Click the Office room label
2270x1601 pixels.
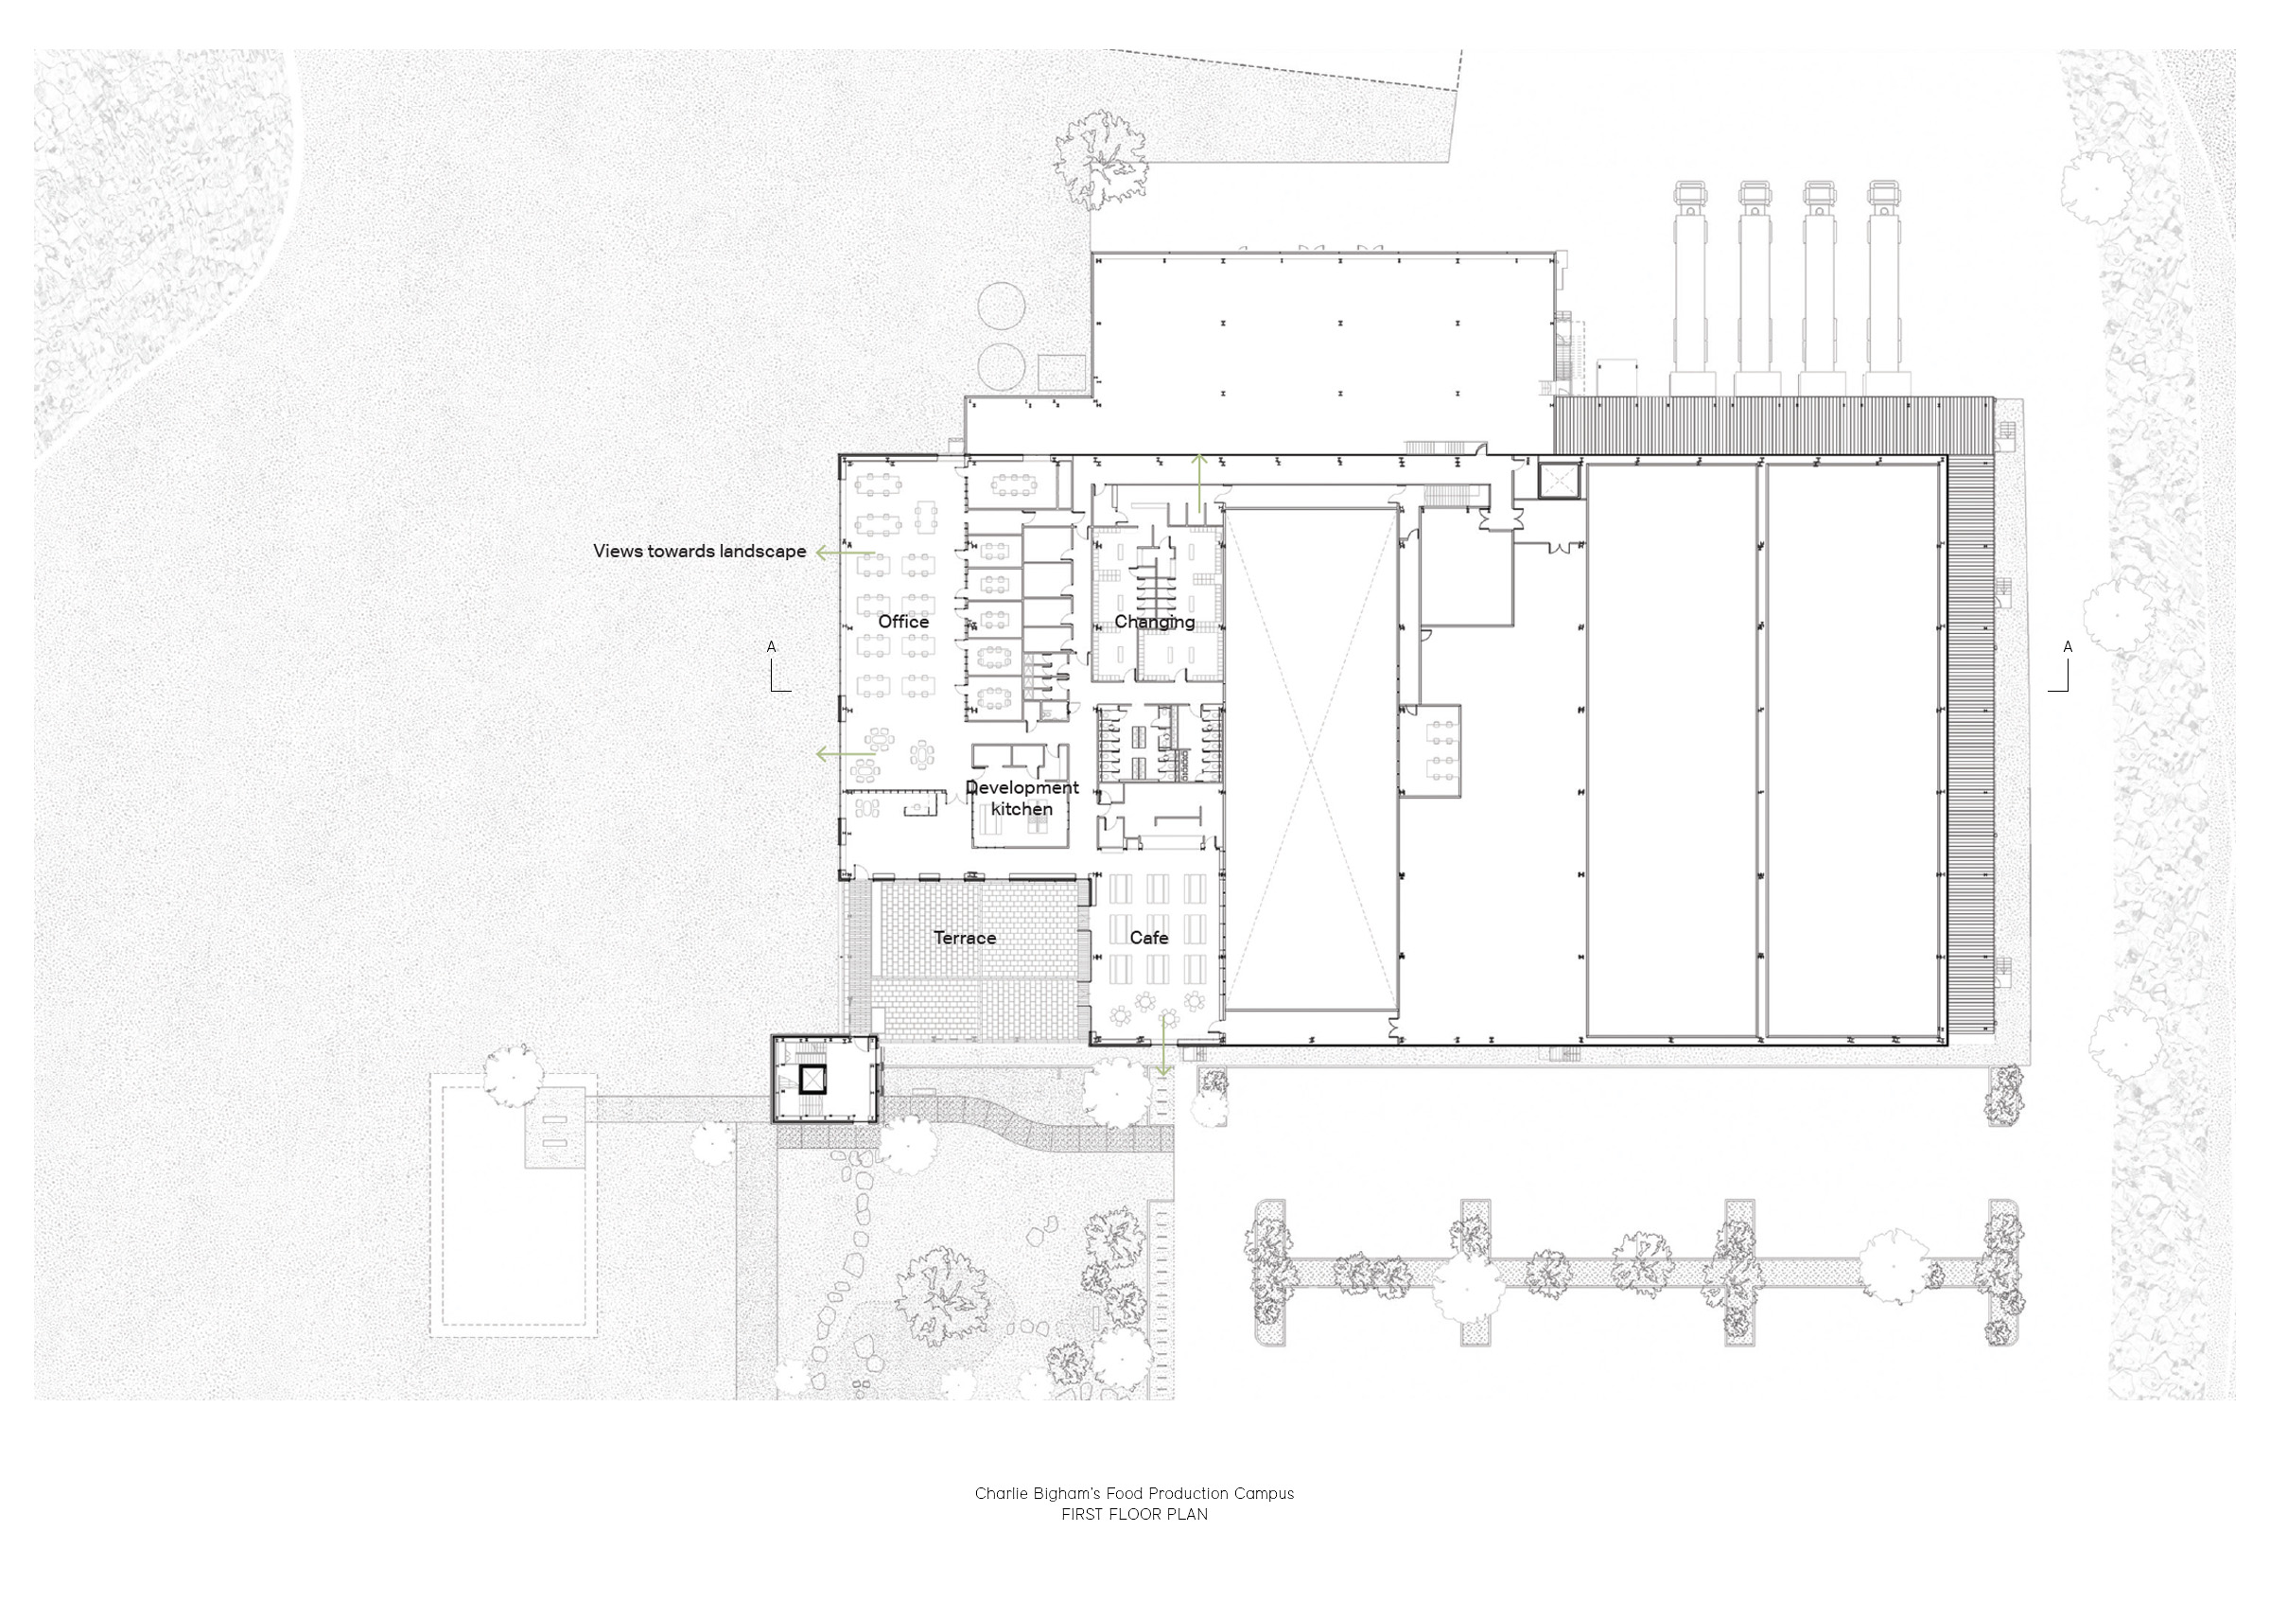pos(902,621)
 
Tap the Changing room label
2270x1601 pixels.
pos(1154,622)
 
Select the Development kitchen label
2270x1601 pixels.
pos(1022,798)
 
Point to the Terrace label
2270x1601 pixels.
pos(964,938)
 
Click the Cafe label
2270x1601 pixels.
pos(1149,938)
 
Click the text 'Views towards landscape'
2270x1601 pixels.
pos(699,551)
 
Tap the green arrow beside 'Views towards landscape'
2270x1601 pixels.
pos(846,553)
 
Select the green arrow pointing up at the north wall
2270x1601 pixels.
pos(1198,483)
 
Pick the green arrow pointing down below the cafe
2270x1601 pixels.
pos(1163,1046)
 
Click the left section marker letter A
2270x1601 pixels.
pos(771,646)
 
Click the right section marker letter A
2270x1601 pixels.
pos(2067,646)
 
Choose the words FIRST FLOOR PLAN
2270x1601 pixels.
pos(1134,1514)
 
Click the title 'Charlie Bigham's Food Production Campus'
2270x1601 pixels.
pos(1134,1493)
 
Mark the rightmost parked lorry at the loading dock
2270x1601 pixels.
pos(1885,289)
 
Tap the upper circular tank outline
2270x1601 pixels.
pos(1002,307)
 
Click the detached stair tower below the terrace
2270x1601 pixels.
pos(826,1079)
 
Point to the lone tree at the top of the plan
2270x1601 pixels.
pos(1098,159)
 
